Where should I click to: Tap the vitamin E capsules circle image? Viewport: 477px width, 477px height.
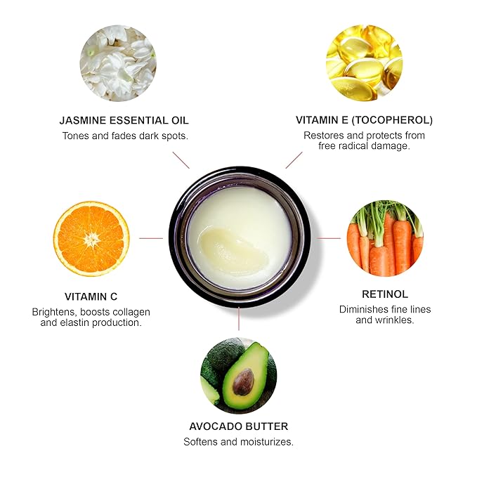pos(364,63)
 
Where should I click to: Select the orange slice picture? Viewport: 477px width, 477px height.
pos(91,239)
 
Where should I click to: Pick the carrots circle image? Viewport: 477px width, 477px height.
pos(385,239)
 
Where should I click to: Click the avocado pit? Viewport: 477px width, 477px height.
pos(243,381)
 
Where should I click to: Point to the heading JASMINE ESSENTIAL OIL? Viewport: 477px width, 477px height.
pos(125,120)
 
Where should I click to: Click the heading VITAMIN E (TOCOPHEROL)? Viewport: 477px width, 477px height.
pos(364,120)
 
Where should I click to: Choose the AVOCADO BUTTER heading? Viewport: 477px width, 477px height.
pos(238,426)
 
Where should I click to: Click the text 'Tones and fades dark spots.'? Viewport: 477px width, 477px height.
pos(125,136)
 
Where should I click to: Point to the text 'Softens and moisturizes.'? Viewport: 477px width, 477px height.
pos(238,443)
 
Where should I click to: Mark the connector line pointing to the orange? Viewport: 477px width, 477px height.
pos(151,238)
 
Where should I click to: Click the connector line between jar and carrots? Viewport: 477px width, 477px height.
pos(328,238)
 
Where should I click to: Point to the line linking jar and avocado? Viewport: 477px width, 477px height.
pos(239,319)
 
